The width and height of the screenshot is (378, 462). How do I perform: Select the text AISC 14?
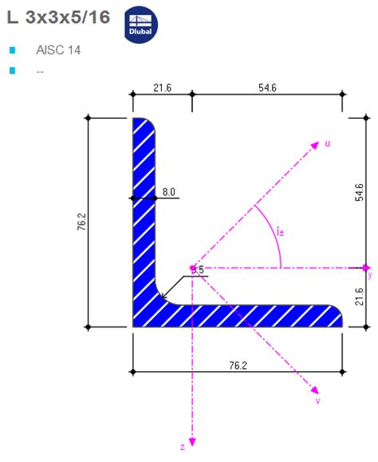58,50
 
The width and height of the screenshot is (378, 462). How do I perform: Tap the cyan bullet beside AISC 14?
12,50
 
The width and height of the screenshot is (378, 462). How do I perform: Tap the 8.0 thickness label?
169,192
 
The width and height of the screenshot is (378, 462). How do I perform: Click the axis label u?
327,144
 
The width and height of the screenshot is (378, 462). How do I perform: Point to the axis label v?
317,401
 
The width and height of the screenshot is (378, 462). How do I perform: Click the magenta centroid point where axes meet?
192,268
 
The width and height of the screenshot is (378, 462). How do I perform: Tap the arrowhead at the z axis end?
192,439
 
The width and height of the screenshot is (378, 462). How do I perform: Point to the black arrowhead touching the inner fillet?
163,298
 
